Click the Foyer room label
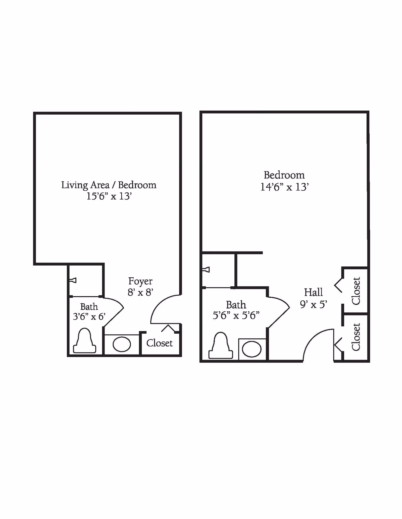coord(140,281)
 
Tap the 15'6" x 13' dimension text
coord(109,196)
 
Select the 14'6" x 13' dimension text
coord(284,187)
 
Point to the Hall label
coord(313,292)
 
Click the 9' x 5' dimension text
coord(313,304)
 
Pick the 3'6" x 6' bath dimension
coord(89,317)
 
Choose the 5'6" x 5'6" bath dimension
coord(236,315)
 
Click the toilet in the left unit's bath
coord(84,341)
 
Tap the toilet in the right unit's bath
coord(220,346)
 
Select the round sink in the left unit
coord(122,344)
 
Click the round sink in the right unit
coord(252,349)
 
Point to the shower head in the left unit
coord(73,281)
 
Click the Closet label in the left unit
coord(159,343)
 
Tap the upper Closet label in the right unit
coord(356,291)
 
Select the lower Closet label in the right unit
coord(356,337)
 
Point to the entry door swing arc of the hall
coord(312,339)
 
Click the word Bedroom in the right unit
coord(284,175)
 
